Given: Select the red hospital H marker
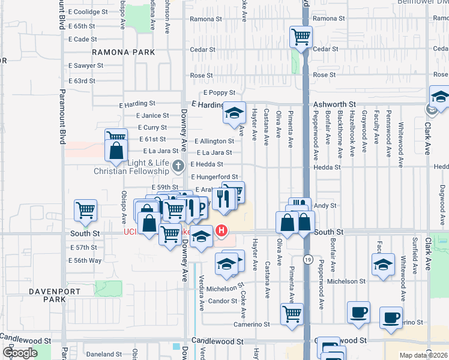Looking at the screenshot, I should click(221, 230).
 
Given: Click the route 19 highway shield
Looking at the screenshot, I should click(307, 259).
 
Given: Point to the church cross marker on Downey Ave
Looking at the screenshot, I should click(178, 166).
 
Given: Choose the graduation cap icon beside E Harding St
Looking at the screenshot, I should click(234, 113).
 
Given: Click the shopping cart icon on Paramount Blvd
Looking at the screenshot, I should click(86, 210).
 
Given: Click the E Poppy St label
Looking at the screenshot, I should click(218, 92).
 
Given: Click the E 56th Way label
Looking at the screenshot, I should click(86, 260).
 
